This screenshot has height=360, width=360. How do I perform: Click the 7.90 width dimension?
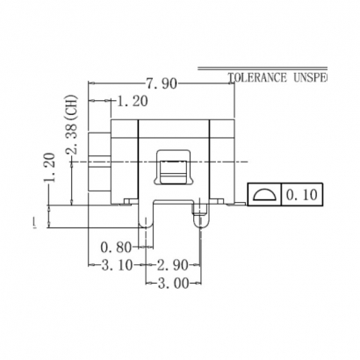coord(162,84)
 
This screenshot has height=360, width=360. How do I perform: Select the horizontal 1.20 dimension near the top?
coord(131,101)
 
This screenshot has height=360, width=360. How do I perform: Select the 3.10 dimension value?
coord(117,264)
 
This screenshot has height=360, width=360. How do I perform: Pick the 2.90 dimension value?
coord(174,264)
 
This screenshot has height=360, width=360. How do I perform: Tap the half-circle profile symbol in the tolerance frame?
coord(264,193)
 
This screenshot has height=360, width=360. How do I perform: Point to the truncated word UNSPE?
coord(308,77)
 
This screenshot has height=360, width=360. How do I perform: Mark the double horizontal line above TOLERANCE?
coord(263,68)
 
